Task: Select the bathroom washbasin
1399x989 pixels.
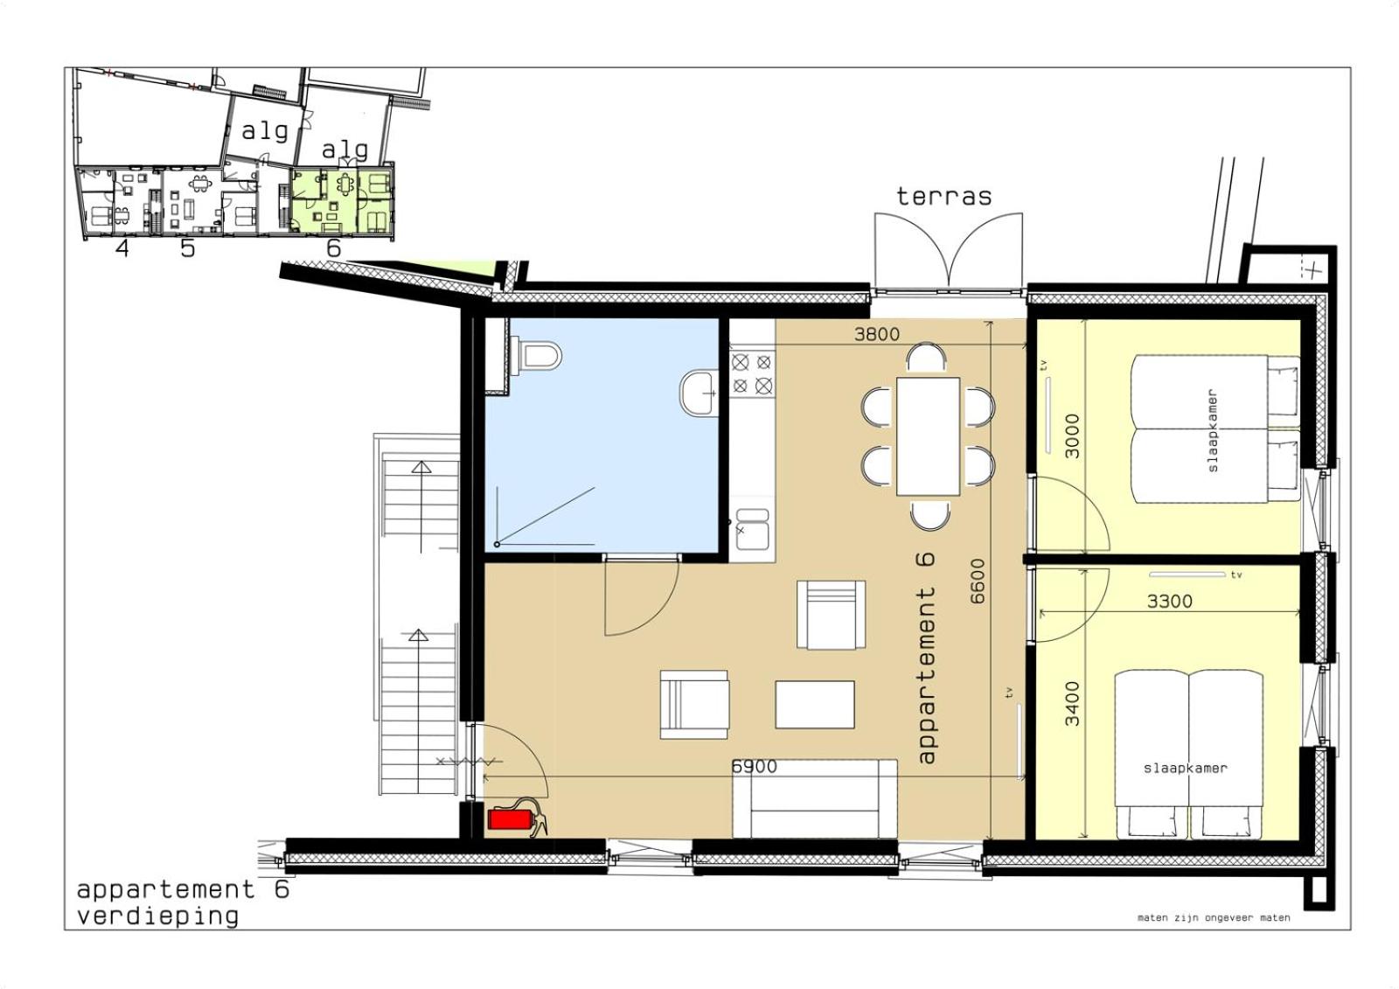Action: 699,394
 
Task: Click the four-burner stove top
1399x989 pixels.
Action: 752,373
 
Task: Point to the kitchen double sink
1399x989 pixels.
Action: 753,529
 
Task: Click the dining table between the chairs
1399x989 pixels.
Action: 928,436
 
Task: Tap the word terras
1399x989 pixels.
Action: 943,196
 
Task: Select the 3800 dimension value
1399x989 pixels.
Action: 877,334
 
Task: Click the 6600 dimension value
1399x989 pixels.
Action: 978,581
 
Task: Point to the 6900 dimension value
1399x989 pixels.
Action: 755,767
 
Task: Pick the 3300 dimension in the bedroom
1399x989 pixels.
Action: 1170,602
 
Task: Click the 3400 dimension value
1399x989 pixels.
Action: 1072,703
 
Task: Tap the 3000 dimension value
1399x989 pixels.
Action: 1072,435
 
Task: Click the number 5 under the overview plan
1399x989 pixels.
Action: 187,248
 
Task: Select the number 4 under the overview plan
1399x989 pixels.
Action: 122,248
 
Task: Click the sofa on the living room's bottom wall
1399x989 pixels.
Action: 815,798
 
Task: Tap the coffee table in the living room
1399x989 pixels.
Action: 815,704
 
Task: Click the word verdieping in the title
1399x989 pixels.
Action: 157,916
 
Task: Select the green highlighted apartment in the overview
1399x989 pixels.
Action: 342,201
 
